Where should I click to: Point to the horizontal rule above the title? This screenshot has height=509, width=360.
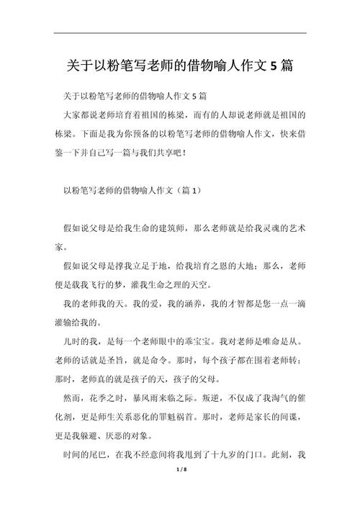(180, 33)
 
